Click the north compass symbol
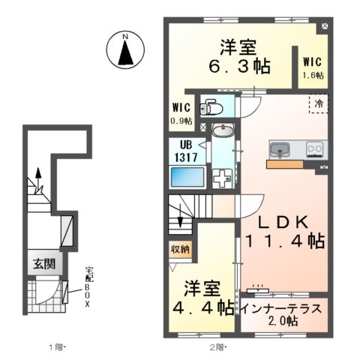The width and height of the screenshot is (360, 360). pyautogui.click(x=127, y=51)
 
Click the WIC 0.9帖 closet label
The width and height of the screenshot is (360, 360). pyautogui.click(x=181, y=114)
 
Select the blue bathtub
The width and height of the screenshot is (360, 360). pyautogui.click(x=187, y=177)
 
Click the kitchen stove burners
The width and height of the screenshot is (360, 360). pyautogui.click(x=314, y=148)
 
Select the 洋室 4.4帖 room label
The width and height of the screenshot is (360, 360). pyautogui.click(x=202, y=297)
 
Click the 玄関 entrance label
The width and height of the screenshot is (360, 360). pyautogui.click(x=43, y=263)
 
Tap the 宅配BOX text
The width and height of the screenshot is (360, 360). pyautogui.click(x=87, y=289)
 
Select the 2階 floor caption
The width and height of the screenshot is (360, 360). pyautogui.click(x=217, y=346)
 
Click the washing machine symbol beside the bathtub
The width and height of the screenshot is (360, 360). pyautogui.click(x=223, y=178)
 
